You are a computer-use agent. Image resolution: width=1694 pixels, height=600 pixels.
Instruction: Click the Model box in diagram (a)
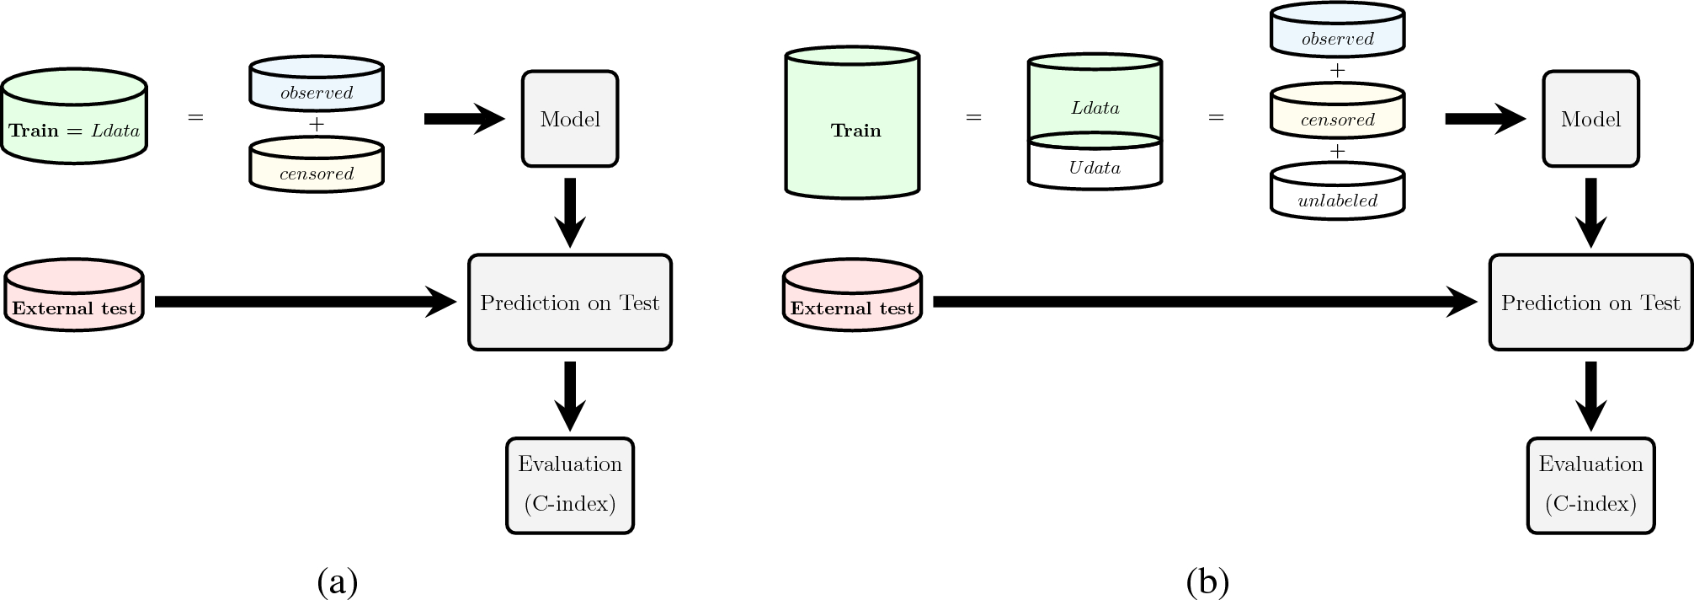(570, 119)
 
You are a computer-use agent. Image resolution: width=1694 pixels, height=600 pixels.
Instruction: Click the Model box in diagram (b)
(1590, 119)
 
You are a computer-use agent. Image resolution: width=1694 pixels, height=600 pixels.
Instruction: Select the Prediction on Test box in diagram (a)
(570, 303)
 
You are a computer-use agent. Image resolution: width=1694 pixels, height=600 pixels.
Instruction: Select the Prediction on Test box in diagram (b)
(1590, 303)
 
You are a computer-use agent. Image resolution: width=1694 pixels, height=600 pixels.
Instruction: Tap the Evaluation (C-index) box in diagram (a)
(570, 485)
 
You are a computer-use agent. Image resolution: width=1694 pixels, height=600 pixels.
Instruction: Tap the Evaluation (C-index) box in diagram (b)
(1590, 485)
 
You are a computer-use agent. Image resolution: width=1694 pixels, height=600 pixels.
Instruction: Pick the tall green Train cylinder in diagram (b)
(852, 126)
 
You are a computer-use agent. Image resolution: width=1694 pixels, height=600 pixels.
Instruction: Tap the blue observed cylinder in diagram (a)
(317, 86)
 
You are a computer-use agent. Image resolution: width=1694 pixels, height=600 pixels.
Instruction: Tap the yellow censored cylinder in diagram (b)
(1337, 113)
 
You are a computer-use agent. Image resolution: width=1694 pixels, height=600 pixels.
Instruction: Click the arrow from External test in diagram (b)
(1196, 302)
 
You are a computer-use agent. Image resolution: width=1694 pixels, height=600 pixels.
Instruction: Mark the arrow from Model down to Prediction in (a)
(570, 211)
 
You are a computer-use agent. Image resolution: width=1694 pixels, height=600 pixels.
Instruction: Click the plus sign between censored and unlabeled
(1337, 152)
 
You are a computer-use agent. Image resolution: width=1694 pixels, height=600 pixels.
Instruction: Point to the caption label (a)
(338, 581)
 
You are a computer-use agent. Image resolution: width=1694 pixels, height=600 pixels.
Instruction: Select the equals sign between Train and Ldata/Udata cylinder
(973, 118)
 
